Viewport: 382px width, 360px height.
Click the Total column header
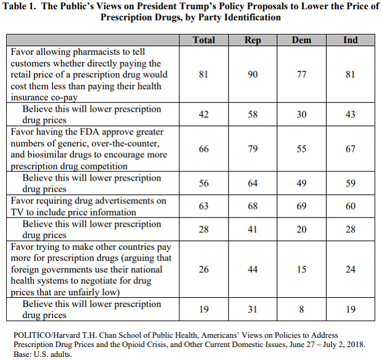204,40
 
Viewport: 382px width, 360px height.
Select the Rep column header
253,40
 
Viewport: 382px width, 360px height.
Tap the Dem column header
301,40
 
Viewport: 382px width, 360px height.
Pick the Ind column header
351,40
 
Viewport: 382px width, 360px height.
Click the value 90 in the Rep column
253,75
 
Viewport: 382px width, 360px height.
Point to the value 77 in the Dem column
301,75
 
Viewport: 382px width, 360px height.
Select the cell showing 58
253,114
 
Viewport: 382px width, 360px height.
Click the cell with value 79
253,149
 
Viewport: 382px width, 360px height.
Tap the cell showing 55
301,149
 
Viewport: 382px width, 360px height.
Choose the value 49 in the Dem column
301,183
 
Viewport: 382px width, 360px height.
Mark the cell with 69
301,207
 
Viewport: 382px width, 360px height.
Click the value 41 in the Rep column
253,229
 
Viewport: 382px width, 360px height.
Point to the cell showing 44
253,269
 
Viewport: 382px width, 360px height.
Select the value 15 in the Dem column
301,269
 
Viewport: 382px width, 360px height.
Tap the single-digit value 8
301,309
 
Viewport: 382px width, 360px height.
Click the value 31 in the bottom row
253,309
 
